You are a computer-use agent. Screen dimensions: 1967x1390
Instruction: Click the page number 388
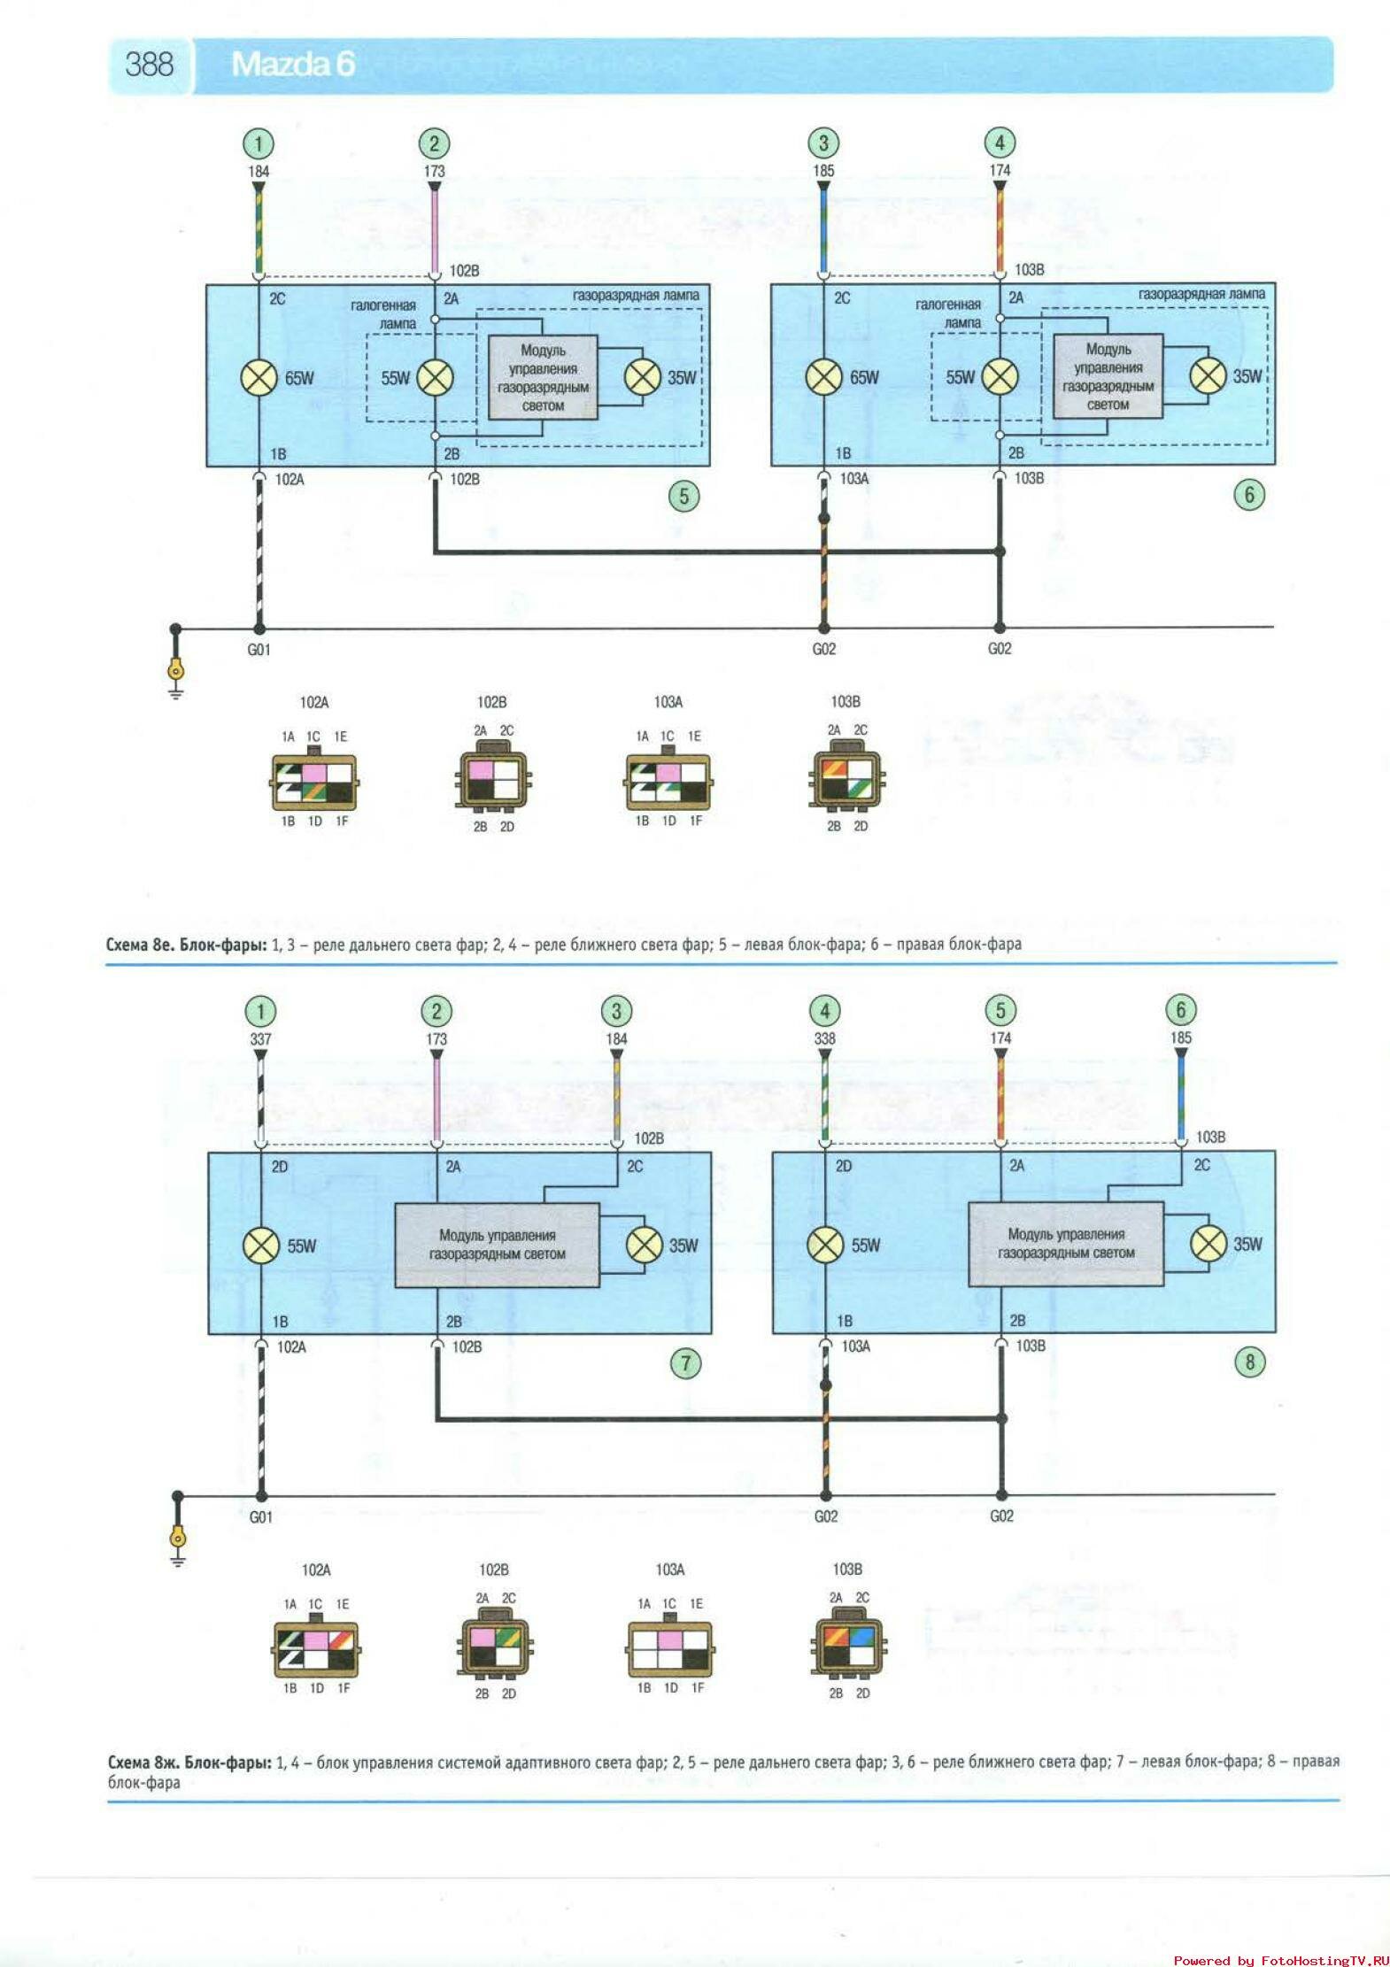tap(149, 65)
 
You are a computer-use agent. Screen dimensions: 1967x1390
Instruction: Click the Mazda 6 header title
tap(292, 65)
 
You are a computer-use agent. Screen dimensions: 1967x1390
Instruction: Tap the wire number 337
tap(260, 1039)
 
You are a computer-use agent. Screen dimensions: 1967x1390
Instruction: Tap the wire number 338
tap(824, 1038)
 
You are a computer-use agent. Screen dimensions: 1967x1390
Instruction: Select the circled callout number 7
tap(685, 1362)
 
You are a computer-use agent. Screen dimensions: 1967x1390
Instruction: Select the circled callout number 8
tap(1249, 1361)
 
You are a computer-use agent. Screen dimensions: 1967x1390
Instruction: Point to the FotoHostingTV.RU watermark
tap(1280, 1960)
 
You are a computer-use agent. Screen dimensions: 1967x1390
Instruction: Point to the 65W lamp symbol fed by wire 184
tap(259, 378)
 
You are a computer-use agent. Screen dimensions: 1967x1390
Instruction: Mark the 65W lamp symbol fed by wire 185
tap(823, 377)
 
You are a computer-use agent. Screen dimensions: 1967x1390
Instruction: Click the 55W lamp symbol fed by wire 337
tap(261, 1246)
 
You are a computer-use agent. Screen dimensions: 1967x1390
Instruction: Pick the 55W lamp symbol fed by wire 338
tap(825, 1245)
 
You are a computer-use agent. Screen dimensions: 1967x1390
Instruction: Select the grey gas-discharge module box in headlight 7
tap(497, 1245)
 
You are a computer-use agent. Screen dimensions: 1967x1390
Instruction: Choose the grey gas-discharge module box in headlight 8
tap(1066, 1244)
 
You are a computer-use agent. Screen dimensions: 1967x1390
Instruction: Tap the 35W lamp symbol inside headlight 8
tap(1209, 1244)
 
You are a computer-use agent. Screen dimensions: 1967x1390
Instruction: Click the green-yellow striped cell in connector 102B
tap(506, 1635)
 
